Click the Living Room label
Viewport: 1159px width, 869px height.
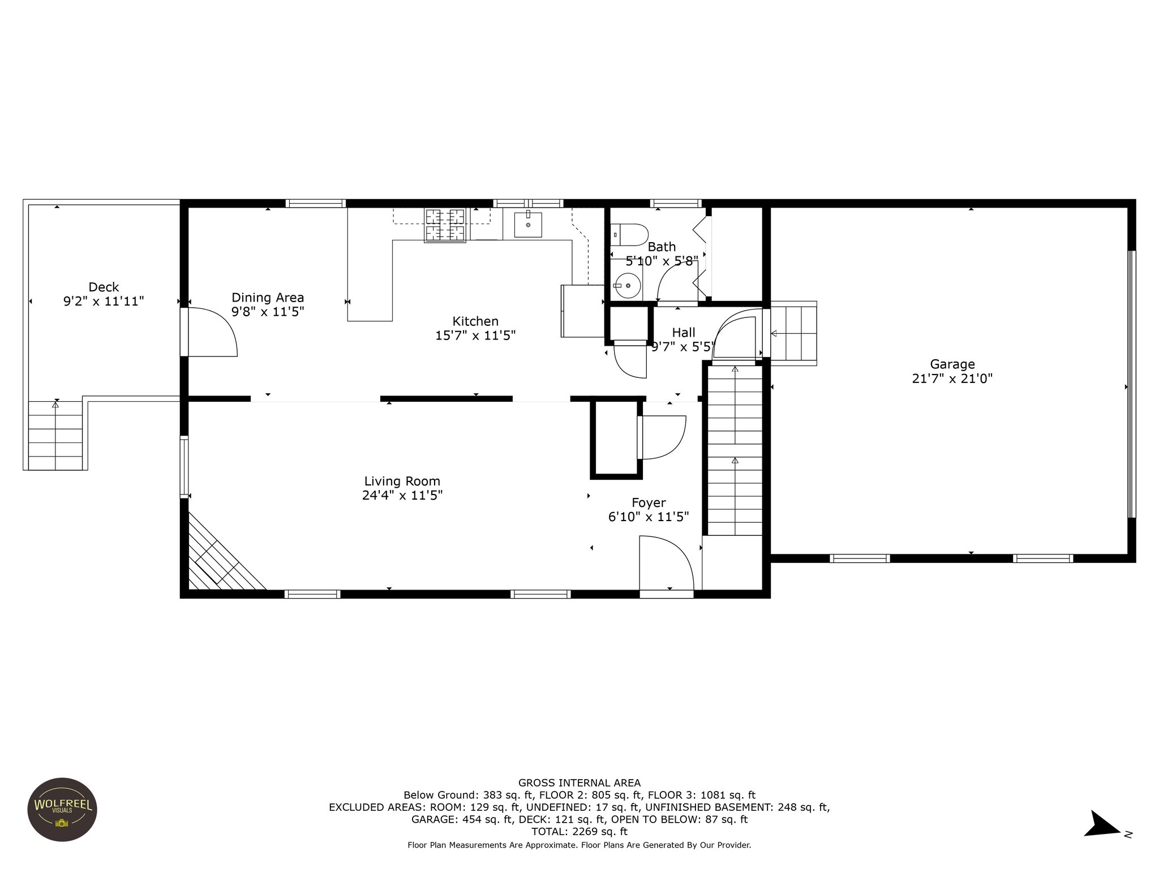tap(402, 481)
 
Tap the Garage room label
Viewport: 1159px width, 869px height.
tap(952, 365)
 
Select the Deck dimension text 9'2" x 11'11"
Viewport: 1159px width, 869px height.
tap(104, 301)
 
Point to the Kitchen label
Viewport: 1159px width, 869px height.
tap(475, 321)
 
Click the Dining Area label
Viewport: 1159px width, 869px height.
tap(268, 298)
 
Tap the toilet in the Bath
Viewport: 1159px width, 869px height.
tap(629, 234)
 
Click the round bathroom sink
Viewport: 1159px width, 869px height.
tap(626, 286)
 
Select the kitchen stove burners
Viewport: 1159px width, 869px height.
tap(445, 225)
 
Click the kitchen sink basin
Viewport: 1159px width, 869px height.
tap(528, 225)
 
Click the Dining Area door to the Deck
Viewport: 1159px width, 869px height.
tap(209, 332)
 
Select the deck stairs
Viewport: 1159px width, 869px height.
tap(55, 435)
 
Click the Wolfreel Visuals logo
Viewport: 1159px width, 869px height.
tap(62, 810)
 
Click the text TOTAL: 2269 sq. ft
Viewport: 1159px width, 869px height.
tap(579, 831)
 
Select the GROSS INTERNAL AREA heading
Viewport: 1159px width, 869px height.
tap(579, 783)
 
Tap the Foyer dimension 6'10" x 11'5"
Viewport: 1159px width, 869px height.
tap(649, 517)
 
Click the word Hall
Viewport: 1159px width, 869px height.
tap(684, 333)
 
